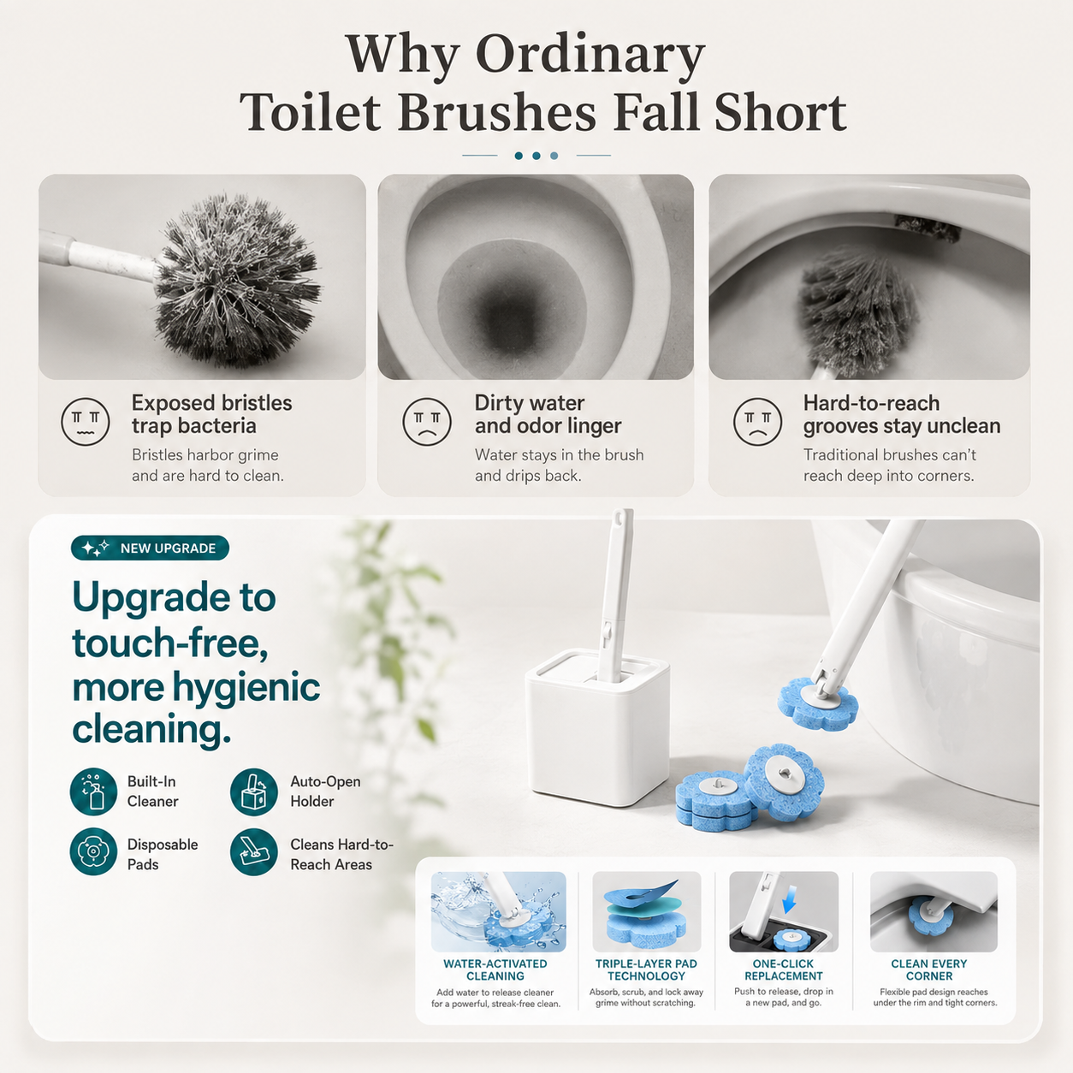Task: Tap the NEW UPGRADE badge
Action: pos(150,548)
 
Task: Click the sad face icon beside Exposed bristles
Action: pos(86,422)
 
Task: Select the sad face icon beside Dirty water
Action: pos(426,422)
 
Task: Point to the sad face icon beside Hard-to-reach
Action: pos(757,422)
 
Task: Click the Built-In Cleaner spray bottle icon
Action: pos(93,791)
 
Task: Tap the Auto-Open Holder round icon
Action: pos(254,791)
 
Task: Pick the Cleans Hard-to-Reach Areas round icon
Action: pos(254,851)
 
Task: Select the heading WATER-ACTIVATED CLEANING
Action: pos(495,969)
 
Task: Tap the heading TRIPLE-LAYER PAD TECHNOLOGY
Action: pos(646,969)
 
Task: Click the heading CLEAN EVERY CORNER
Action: pos(928,969)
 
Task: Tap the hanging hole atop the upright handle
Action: pos(618,518)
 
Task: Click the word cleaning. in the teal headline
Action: pos(151,729)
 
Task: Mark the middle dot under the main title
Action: pos(536,156)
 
